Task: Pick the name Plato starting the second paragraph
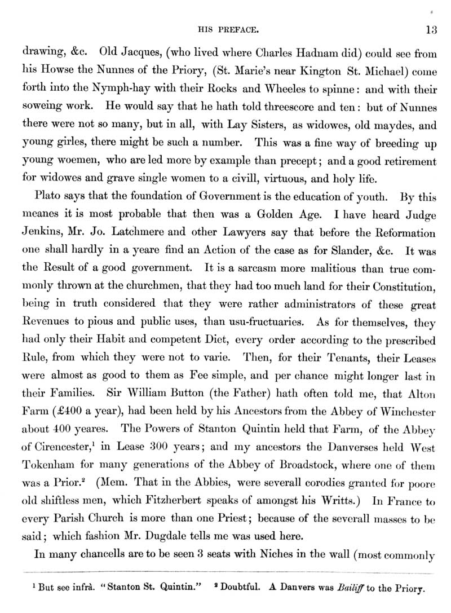point(47,197)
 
